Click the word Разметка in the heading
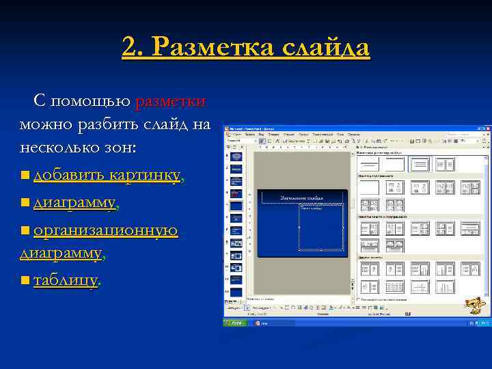point(205,48)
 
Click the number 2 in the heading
point(129,48)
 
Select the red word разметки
point(170,101)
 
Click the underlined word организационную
point(105,230)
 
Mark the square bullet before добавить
point(25,176)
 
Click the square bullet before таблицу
point(25,280)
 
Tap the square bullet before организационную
point(25,231)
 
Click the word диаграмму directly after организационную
point(61,253)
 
